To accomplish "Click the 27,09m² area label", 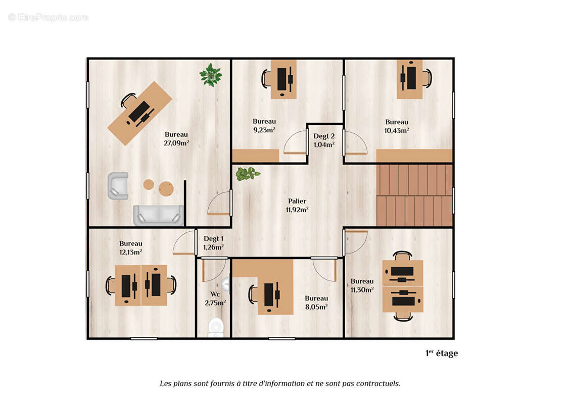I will point(176,143).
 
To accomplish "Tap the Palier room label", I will point(297,201).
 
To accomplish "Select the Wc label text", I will point(215,294).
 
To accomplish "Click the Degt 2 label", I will point(324,136).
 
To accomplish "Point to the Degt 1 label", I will point(213,239).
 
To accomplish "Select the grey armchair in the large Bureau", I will point(118,186).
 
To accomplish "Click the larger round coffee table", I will point(166,189).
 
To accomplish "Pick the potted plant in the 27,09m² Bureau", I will point(211,75).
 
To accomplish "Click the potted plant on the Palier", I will point(247,174).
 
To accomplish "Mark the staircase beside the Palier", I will point(414,195).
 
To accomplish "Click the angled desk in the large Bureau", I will point(140,114).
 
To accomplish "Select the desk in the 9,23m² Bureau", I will point(283,79).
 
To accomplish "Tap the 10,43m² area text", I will point(397,130).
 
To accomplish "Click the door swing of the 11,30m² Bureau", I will point(355,241).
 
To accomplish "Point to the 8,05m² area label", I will point(316,307).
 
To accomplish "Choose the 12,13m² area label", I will point(130,252).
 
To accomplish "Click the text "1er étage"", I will point(441,353).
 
